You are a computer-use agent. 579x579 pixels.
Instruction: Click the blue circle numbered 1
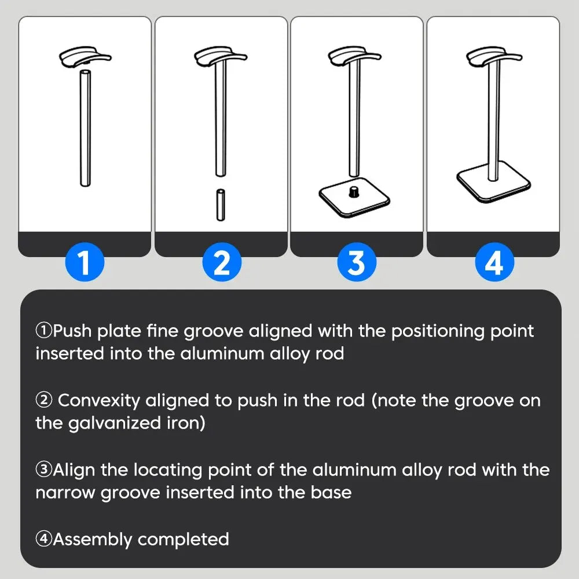pyautogui.click(x=85, y=262)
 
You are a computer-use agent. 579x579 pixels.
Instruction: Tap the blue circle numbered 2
pyautogui.click(x=222, y=262)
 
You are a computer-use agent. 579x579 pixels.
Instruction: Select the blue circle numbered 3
pyautogui.click(x=357, y=262)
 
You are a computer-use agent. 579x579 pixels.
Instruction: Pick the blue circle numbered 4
pyautogui.click(x=493, y=262)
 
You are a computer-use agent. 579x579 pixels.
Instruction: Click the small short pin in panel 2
pyautogui.click(x=221, y=204)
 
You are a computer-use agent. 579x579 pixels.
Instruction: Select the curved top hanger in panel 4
pyautogui.click(x=493, y=56)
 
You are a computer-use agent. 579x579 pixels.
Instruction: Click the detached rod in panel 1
pyautogui.click(x=85, y=127)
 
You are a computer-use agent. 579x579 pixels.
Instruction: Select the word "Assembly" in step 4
pyautogui.click(x=92, y=539)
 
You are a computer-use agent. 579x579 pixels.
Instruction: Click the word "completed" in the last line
pyautogui.click(x=184, y=539)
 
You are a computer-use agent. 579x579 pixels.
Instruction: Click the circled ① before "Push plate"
pyautogui.click(x=44, y=331)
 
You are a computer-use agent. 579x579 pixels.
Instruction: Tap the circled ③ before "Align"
pyautogui.click(x=44, y=470)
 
